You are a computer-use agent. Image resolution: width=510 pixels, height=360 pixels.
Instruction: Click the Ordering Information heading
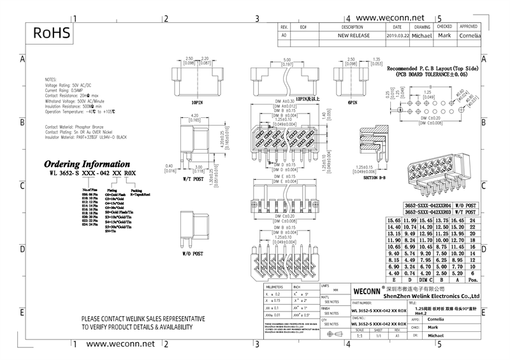[87, 164]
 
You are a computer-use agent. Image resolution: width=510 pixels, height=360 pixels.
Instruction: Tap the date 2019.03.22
[397, 36]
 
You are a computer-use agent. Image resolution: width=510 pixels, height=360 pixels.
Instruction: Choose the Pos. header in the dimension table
[472, 280]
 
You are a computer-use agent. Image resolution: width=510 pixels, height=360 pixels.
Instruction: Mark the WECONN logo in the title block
[367, 290]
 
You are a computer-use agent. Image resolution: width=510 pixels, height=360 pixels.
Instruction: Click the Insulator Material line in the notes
[86, 137]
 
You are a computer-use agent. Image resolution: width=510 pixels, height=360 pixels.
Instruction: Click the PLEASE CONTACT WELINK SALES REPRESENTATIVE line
[143, 318]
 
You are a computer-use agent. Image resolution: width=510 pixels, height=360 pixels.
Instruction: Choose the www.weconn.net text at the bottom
[120, 343]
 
